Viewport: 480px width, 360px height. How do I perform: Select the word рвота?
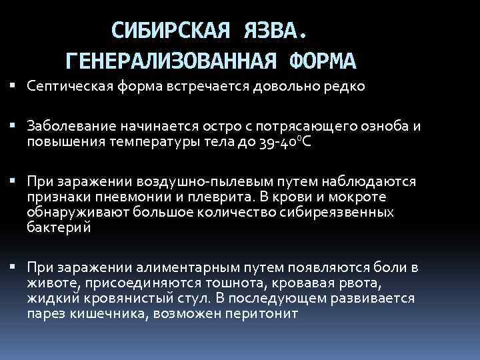tap(337, 283)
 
